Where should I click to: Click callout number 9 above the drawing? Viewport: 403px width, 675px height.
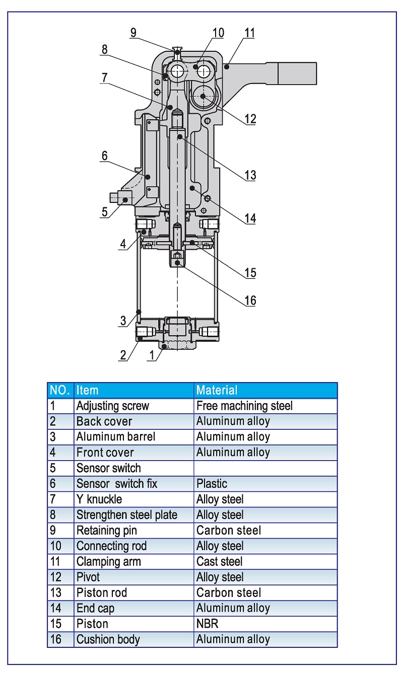click(x=133, y=33)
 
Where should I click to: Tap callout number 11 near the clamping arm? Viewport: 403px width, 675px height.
click(x=249, y=33)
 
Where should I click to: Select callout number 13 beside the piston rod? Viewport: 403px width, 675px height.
click(x=250, y=175)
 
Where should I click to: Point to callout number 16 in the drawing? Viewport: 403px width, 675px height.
click(x=250, y=301)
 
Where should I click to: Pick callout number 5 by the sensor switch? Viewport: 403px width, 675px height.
click(x=104, y=211)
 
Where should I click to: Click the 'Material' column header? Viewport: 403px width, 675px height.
click(x=217, y=390)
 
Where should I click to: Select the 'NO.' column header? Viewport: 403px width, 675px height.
click(x=60, y=390)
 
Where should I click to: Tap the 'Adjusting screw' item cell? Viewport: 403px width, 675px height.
click(x=113, y=406)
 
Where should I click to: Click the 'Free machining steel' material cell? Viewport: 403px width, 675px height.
click(x=244, y=406)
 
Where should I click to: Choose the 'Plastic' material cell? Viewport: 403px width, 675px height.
click(x=212, y=484)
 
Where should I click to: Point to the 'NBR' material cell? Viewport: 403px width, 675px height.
click(x=207, y=624)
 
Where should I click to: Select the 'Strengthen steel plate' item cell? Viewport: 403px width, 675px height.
click(x=127, y=515)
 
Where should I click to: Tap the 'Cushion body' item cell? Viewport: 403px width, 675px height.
click(x=108, y=639)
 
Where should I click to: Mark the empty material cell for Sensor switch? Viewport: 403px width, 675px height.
click(x=265, y=468)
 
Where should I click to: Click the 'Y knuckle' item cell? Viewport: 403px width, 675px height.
click(x=99, y=499)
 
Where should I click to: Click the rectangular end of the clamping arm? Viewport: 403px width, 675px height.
click(x=297, y=73)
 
